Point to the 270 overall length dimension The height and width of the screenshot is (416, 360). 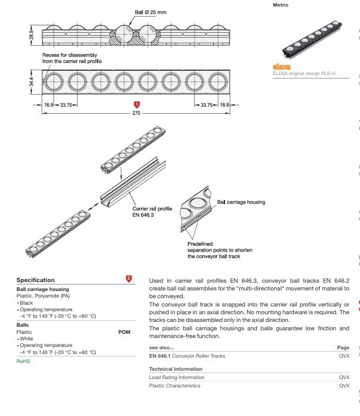(136, 112)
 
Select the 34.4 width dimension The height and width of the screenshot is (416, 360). (32, 82)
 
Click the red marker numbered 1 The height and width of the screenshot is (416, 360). (136, 104)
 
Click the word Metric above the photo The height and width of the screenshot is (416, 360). (280, 5)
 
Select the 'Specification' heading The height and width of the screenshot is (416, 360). (35, 280)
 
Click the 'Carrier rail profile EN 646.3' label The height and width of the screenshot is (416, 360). (152, 211)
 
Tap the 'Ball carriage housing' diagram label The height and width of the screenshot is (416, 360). (242, 202)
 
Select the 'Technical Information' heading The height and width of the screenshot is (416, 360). (176, 369)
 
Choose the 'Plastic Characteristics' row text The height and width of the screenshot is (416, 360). (174, 386)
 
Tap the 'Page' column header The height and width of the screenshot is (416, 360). (343, 347)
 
